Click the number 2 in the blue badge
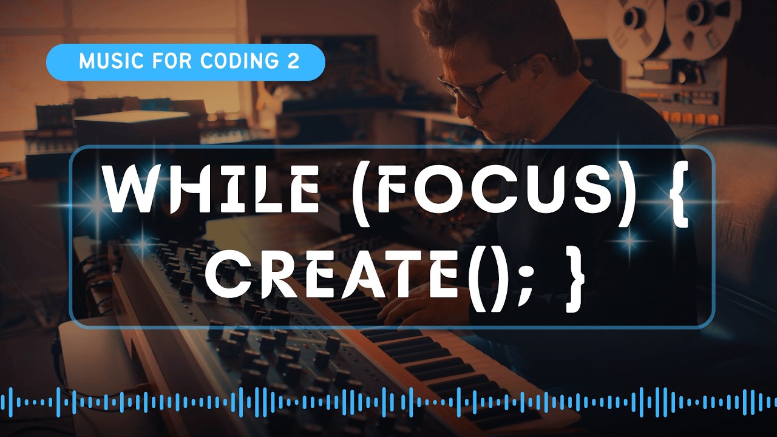pos(294,62)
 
